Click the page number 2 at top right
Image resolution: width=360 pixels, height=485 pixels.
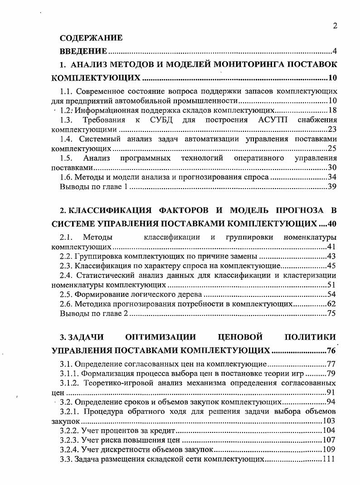pos(335,26)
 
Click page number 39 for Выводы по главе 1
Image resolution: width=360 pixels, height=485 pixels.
pos(332,186)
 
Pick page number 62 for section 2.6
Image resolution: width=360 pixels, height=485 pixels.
pos(331,304)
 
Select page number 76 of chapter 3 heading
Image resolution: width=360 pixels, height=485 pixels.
pos(331,350)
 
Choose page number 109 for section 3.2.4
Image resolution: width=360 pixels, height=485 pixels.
pos(329,449)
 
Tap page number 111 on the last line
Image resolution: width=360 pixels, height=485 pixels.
pos(329,459)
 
